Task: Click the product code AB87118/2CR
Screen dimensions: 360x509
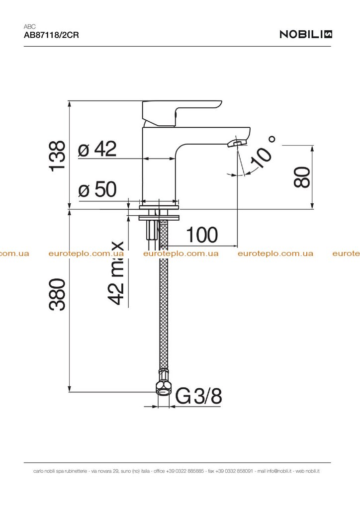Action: (x=51, y=35)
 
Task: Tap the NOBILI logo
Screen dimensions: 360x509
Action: (x=306, y=34)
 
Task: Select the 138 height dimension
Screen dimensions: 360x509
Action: (x=57, y=156)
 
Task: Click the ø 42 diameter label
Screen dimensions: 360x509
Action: (x=97, y=149)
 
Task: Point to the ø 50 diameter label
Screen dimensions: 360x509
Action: (x=97, y=189)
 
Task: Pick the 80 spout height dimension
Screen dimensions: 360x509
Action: (x=302, y=177)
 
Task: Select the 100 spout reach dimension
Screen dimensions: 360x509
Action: (x=201, y=235)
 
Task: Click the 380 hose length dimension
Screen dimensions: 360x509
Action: (x=57, y=294)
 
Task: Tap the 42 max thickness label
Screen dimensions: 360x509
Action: (x=116, y=273)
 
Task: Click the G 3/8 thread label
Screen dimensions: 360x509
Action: (x=199, y=396)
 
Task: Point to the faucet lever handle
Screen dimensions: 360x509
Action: (x=182, y=113)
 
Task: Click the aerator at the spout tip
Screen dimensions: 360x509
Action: (x=236, y=143)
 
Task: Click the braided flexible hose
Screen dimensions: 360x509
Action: (x=164, y=295)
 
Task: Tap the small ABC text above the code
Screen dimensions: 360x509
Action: (x=29, y=27)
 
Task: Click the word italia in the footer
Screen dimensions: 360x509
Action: (x=145, y=471)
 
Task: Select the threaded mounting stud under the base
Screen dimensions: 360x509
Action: (x=152, y=230)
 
